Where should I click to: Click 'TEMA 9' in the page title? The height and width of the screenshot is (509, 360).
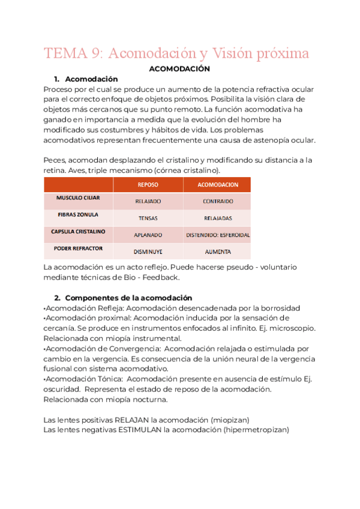click(66, 53)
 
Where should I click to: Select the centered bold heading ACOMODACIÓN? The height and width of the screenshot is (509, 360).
click(178, 69)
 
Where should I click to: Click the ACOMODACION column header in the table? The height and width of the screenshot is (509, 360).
click(218, 185)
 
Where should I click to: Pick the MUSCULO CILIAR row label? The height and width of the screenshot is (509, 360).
click(78, 197)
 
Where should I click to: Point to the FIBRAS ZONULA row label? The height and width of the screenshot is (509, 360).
click(78, 214)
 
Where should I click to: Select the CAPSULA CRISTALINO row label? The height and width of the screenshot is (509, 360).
click(78, 231)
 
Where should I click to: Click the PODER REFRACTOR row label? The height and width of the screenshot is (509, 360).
click(78, 248)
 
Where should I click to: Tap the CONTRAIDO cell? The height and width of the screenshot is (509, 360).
click(218, 202)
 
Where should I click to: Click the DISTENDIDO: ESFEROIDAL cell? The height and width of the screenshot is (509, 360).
click(218, 235)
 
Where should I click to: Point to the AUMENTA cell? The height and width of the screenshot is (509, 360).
click(218, 251)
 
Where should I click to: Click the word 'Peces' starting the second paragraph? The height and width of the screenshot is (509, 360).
click(55, 160)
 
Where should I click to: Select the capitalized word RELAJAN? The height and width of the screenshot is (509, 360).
click(131, 420)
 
